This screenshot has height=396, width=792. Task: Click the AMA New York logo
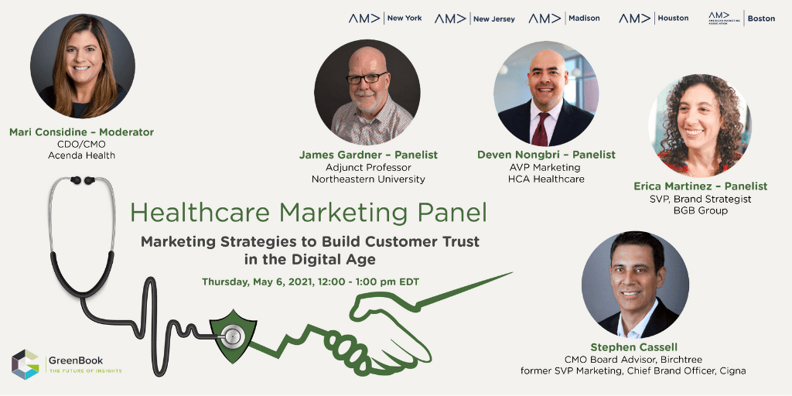tap(385, 19)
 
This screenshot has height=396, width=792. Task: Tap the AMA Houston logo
tap(654, 19)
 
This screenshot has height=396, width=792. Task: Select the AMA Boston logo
tap(742, 19)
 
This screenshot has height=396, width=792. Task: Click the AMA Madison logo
tap(564, 19)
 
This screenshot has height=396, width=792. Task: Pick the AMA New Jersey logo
tap(474, 19)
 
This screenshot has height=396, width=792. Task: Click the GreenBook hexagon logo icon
tap(26, 364)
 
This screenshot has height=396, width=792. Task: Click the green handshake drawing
tap(384, 328)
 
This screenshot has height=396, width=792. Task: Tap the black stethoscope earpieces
tap(82, 179)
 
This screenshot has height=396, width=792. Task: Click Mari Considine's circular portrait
tap(82, 67)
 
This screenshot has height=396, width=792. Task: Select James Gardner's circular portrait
tap(367, 93)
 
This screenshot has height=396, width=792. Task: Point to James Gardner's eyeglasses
tap(366, 78)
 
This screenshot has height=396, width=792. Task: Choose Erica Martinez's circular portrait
tap(699, 126)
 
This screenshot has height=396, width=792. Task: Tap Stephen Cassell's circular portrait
tap(635, 285)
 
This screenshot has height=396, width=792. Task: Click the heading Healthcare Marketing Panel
tap(308, 213)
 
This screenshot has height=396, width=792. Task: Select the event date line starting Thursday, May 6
tap(310, 282)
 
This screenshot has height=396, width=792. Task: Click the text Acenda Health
tap(81, 155)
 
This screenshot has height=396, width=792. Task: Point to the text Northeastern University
tap(368, 179)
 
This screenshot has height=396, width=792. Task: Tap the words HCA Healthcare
tap(546, 179)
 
